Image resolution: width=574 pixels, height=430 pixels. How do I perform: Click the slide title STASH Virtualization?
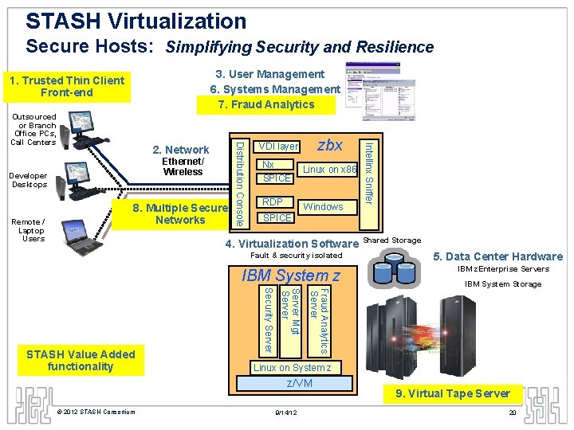click(x=136, y=21)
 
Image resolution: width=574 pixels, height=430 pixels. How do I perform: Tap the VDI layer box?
click(x=278, y=147)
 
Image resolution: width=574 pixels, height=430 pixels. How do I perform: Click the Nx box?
click(x=269, y=164)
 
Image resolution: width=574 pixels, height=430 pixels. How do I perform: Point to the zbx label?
click(x=329, y=145)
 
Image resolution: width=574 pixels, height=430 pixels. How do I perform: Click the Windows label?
click(x=323, y=207)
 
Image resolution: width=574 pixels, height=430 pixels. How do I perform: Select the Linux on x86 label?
click(x=329, y=170)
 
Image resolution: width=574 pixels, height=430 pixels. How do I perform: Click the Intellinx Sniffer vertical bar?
click(x=369, y=171)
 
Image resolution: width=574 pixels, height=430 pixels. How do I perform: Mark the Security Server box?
click(x=269, y=320)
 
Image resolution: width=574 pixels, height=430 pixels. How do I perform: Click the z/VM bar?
click(x=300, y=384)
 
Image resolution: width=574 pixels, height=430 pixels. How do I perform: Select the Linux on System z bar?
click(x=291, y=368)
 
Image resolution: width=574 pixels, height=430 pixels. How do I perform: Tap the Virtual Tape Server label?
click(x=452, y=393)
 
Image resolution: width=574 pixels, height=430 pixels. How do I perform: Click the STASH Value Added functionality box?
click(x=80, y=361)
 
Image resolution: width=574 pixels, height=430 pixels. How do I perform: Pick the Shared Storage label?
click(x=392, y=240)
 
